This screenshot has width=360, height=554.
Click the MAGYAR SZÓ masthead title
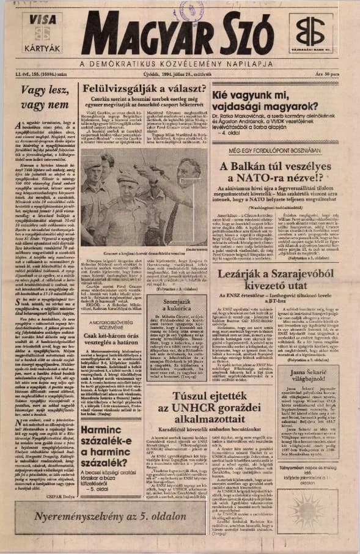(x=177, y=35)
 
